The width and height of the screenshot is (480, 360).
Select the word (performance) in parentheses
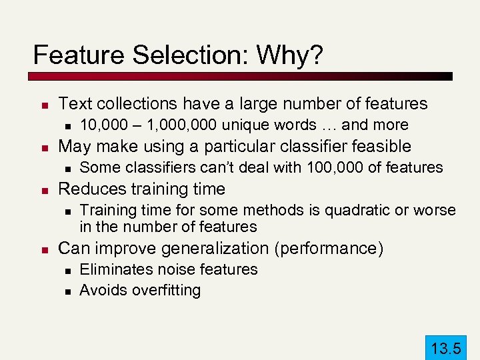(327, 249)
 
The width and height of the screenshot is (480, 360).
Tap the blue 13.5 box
(446, 347)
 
